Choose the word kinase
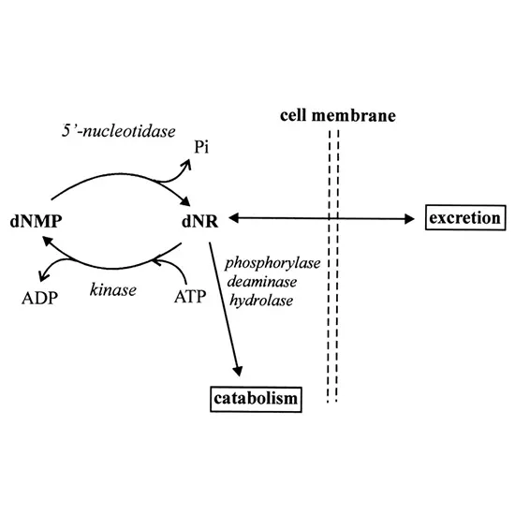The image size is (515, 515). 114,289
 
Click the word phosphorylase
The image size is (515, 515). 273,263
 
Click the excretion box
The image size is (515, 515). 463,219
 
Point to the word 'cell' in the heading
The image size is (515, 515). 297,116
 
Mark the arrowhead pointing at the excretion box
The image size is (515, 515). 409,219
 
